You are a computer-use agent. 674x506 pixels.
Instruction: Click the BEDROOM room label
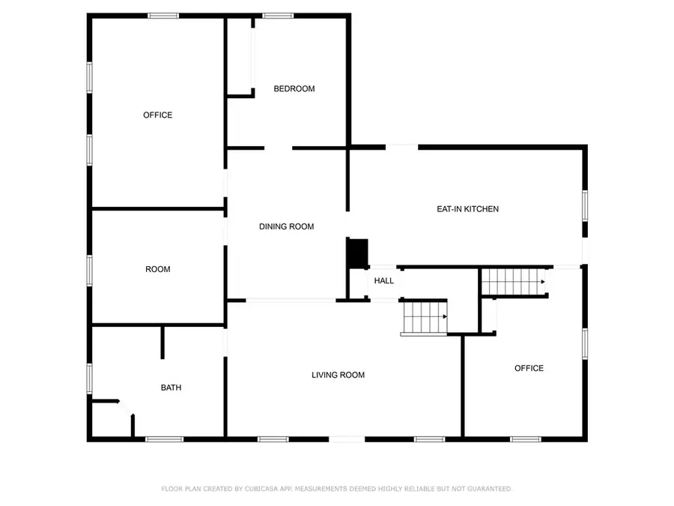pyautogui.click(x=294, y=88)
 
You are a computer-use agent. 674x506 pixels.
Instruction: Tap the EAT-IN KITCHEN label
pyautogui.click(x=467, y=209)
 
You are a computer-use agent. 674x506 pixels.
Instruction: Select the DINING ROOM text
pyautogui.click(x=286, y=226)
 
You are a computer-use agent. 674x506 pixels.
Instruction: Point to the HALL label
pyautogui.click(x=384, y=281)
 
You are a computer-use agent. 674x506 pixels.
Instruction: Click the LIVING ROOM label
pyautogui.click(x=338, y=375)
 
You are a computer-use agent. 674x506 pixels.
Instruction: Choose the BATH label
pyautogui.click(x=171, y=388)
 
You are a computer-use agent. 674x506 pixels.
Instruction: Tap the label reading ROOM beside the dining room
pyautogui.click(x=157, y=269)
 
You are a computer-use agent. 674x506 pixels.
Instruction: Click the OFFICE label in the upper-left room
pyautogui.click(x=157, y=115)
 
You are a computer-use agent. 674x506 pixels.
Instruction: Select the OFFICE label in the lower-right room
pyautogui.click(x=529, y=368)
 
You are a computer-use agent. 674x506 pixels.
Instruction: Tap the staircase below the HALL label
pyautogui.click(x=425, y=317)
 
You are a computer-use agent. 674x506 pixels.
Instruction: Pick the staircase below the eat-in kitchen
pyautogui.click(x=511, y=282)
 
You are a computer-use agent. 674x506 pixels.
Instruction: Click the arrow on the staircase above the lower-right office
pyautogui.click(x=542, y=283)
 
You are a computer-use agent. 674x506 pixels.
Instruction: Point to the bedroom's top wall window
pyautogui.click(x=277, y=15)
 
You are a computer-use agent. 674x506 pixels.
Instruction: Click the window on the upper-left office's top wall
pyautogui.click(x=163, y=15)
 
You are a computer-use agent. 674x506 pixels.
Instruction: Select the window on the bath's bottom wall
pyautogui.click(x=164, y=439)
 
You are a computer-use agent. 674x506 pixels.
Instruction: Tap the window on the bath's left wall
pyautogui.click(x=89, y=378)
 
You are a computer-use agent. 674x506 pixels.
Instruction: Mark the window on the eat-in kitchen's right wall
pyautogui.click(x=584, y=205)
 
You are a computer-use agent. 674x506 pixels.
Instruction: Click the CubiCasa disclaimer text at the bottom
pyautogui.click(x=337, y=489)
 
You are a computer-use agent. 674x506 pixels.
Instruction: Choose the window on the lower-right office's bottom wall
pyautogui.click(x=525, y=439)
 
